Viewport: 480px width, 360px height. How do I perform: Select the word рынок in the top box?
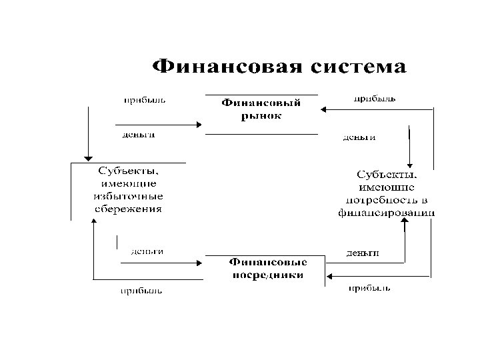pos(261,115)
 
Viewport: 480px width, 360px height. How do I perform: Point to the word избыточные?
pos(127,195)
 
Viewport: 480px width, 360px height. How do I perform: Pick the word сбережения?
pos(127,208)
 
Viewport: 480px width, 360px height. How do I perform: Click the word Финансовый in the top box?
pos(261,103)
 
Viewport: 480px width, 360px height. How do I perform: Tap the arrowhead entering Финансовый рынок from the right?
pos(322,109)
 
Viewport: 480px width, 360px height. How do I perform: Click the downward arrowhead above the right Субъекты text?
pos(413,164)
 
